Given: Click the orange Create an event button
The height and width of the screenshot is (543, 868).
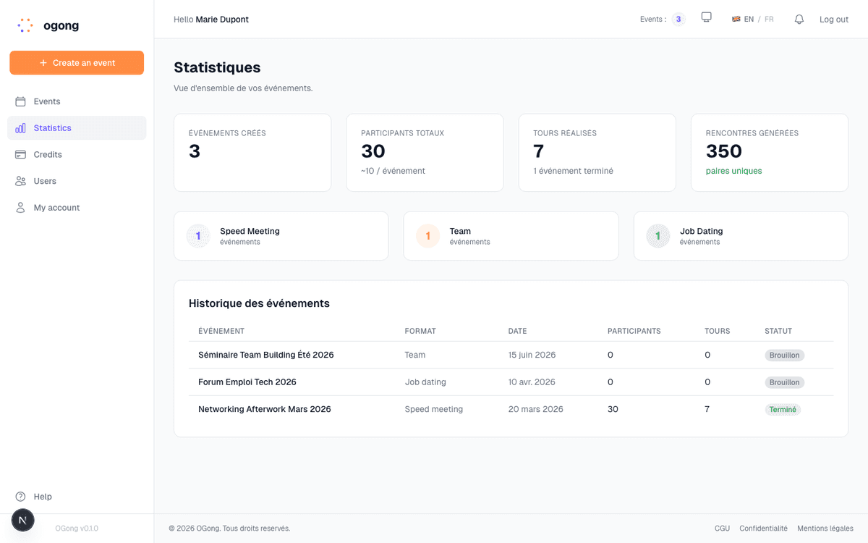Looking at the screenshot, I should [77, 63].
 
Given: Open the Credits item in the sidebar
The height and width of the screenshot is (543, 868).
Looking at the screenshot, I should [48, 154].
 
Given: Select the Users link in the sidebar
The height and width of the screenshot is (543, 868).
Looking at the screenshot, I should [45, 181].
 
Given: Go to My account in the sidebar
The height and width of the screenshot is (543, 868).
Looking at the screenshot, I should [56, 208].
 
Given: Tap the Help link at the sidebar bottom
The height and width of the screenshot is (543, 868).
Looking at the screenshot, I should [43, 497].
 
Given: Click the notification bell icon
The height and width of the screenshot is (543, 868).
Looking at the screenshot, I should [799, 20].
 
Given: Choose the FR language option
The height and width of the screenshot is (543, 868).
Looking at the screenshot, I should [769, 20].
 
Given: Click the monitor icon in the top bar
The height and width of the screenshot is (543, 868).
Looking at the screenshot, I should [707, 17].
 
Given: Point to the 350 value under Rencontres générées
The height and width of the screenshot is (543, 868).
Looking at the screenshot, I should [724, 151].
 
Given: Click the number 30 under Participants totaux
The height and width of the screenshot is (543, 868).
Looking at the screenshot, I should [373, 151].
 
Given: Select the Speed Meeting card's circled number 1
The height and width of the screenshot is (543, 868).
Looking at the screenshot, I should [198, 236].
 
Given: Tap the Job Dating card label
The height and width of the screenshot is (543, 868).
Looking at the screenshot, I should [701, 231].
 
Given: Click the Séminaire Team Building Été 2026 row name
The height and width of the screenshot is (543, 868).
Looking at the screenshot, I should [266, 355].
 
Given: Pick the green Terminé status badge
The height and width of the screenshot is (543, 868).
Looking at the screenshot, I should [783, 410].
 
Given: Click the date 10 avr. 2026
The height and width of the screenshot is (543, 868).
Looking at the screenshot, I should [532, 382].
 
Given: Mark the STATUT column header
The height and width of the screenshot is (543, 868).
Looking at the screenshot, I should [778, 331].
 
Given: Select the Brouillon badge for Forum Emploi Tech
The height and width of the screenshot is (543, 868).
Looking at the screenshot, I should [784, 382].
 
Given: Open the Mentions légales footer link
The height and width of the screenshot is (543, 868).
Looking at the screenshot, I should [825, 529].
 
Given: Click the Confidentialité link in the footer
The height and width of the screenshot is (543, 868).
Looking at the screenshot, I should [763, 529].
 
